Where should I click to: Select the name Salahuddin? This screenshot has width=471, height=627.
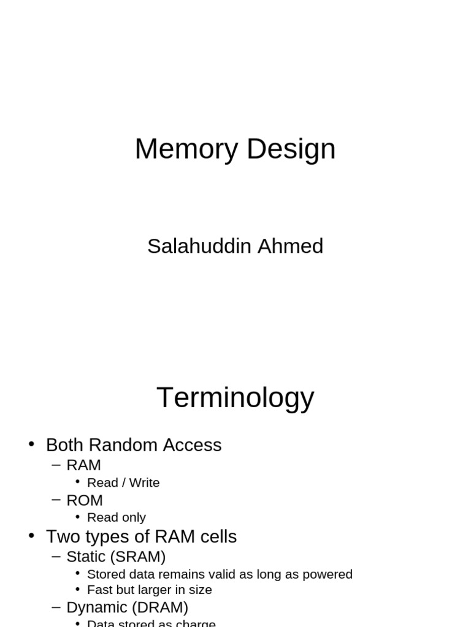[199, 246]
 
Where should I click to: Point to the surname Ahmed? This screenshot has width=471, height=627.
[290, 246]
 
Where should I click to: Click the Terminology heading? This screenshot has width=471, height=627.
[235, 397]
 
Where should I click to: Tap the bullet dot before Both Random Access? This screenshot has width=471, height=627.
[32, 444]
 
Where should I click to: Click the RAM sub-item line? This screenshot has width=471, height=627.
[83, 465]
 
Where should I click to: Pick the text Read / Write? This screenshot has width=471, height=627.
[123, 483]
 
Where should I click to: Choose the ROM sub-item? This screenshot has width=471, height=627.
[84, 500]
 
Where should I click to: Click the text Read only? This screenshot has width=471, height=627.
[117, 518]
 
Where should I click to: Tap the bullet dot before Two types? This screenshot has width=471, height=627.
[32, 536]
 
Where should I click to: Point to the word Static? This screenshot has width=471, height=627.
[86, 557]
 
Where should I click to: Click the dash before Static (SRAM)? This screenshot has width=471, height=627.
[56, 557]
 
